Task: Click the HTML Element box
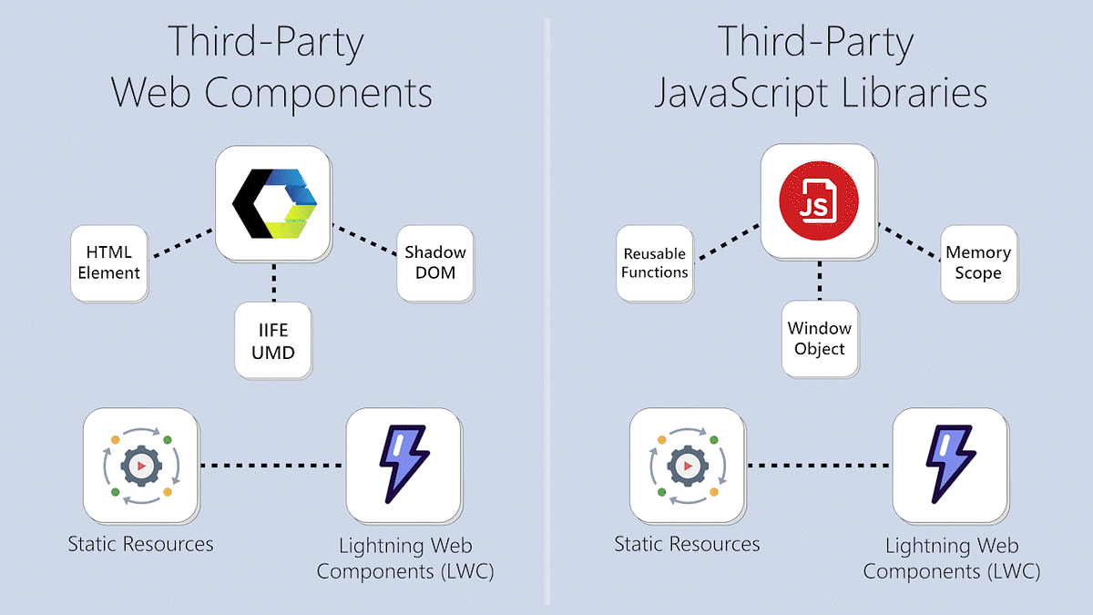[108, 262]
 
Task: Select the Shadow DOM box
[434, 262]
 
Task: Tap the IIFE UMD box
[272, 340]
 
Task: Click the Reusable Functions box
[654, 263]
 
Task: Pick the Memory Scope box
[978, 263]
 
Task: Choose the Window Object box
[819, 338]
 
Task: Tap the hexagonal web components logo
[272, 202]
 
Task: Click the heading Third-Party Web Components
[271, 68]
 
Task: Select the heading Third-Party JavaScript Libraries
[820, 68]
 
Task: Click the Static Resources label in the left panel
[140, 545]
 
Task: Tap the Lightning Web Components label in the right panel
[951, 559]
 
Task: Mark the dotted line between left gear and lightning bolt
[271, 466]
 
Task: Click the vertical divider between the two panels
[546, 310]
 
